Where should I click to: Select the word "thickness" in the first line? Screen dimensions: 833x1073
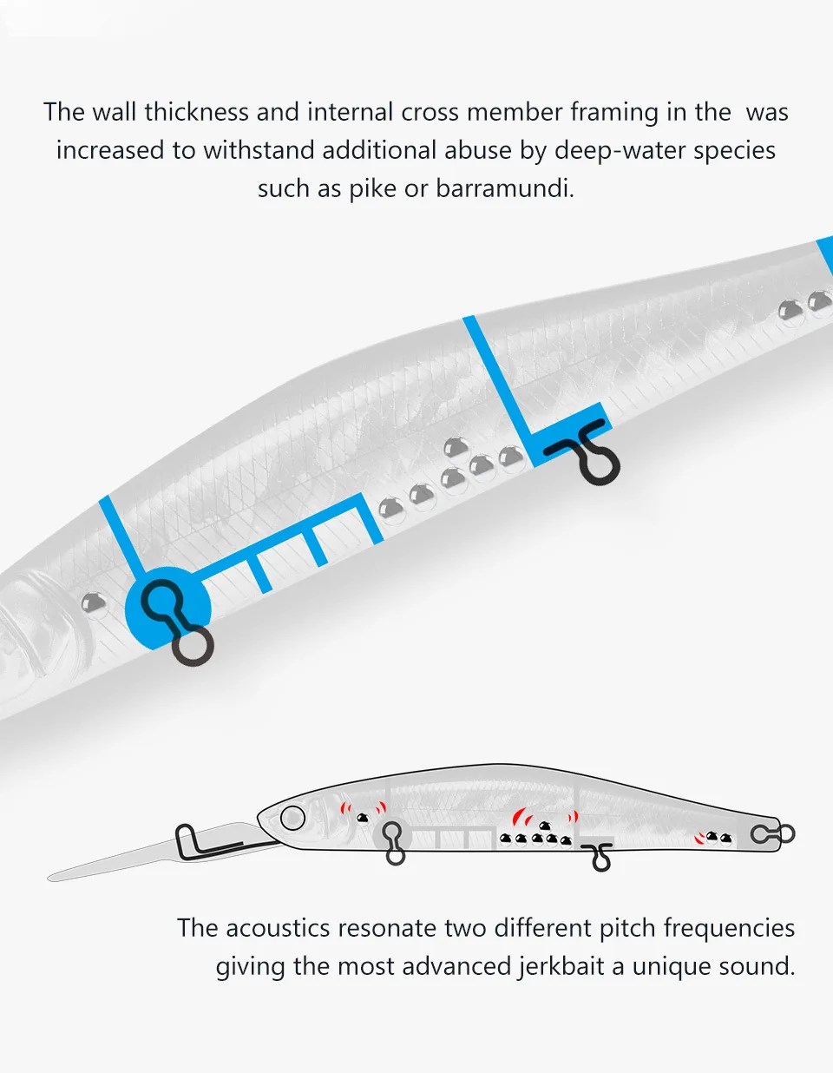[x=196, y=112]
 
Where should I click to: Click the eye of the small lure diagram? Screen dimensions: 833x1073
[x=292, y=818]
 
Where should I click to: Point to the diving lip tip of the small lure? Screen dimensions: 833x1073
[x=49, y=879]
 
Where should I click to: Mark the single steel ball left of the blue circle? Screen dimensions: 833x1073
[x=94, y=603]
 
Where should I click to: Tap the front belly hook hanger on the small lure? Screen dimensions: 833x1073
[x=394, y=843]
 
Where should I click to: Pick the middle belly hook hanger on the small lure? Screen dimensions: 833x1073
[x=599, y=857]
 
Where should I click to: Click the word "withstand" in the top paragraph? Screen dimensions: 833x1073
[x=259, y=150]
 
